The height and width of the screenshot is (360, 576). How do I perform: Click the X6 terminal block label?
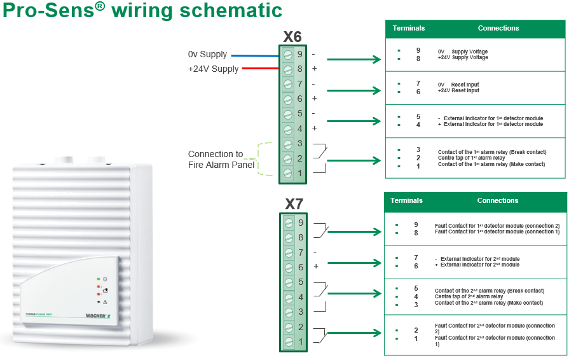(x=292, y=38)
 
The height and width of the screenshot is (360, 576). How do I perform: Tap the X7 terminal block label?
(x=294, y=205)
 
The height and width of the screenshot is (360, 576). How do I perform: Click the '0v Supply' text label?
(x=207, y=55)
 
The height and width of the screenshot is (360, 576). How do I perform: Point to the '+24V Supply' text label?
(x=214, y=69)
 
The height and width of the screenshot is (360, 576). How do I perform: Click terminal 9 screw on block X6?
(x=288, y=55)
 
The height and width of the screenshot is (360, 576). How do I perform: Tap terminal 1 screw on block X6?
(x=288, y=173)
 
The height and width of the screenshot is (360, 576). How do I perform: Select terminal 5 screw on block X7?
(x=289, y=282)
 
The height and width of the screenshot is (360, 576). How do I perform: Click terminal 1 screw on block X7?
(x=289, y=342)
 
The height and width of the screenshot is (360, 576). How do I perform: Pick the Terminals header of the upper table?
(x=409, y=29)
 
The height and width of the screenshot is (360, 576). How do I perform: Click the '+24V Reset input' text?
(x=458, y=91)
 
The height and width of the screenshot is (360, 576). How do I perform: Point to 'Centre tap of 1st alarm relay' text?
(x=470, y=158)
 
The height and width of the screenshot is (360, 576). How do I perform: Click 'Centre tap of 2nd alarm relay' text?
(x=469, y=296)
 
